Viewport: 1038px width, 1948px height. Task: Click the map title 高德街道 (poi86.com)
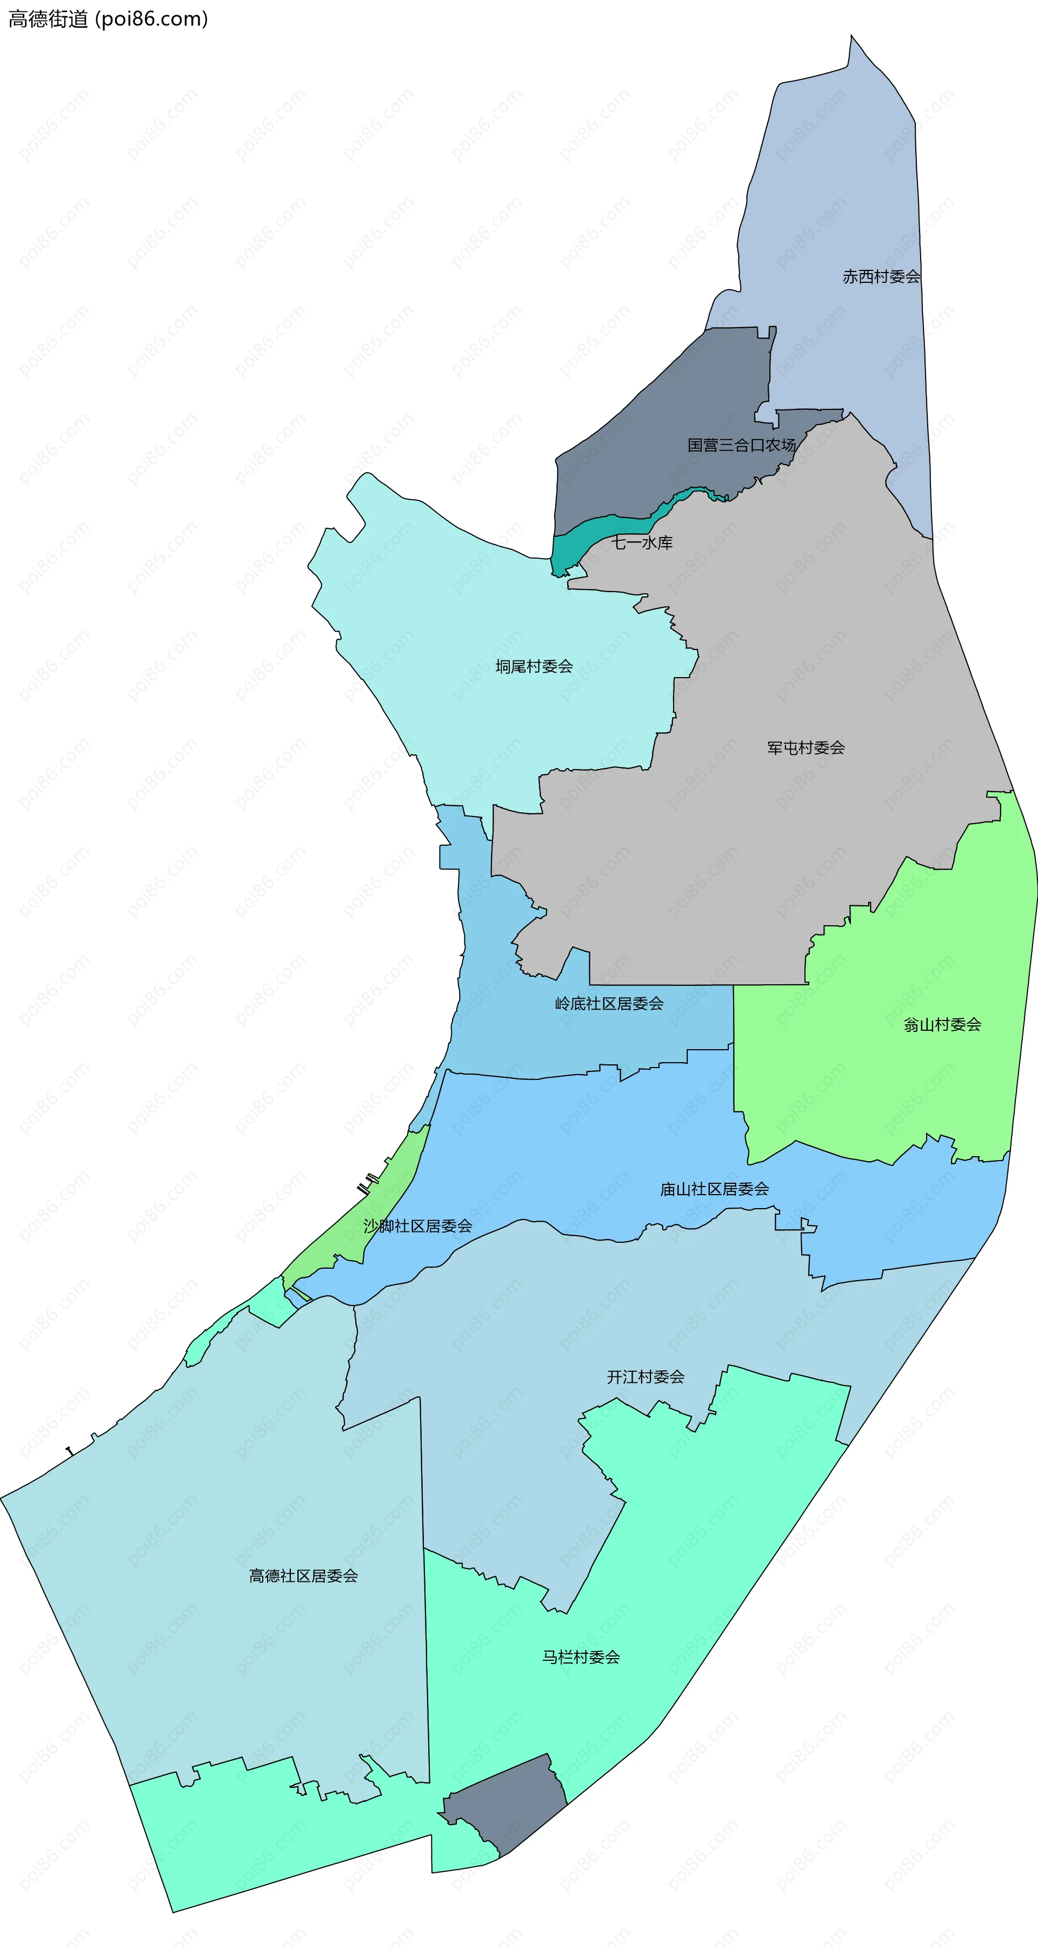108,19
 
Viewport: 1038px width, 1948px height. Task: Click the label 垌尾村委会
534,666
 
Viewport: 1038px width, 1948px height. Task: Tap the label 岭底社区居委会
609,1004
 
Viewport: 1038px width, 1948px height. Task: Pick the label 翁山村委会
942,1025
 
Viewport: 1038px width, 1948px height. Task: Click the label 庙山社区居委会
714,1190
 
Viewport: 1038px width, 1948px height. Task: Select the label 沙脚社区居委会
417,1226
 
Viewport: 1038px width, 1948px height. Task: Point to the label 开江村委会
645,1377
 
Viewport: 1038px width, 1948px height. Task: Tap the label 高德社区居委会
303,1576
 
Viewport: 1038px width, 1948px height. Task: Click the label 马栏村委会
581,1657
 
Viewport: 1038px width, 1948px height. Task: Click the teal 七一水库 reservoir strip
605,528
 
